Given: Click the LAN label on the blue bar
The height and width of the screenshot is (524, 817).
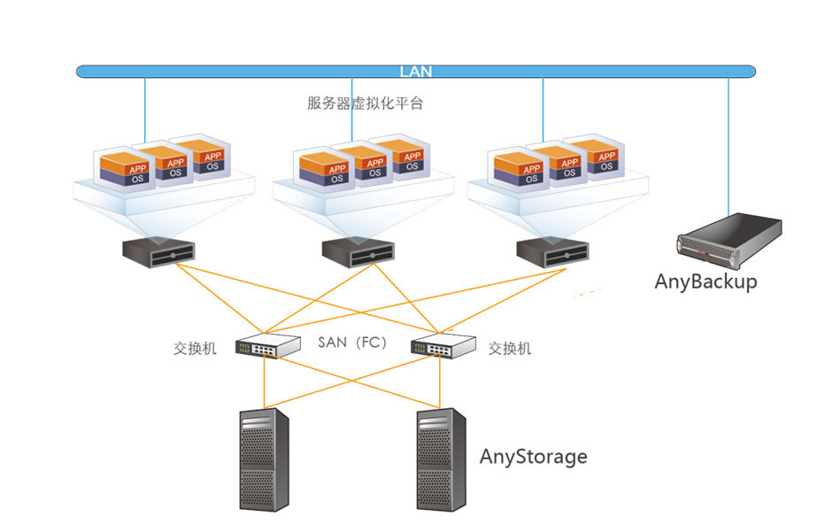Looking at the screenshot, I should click(415, 72).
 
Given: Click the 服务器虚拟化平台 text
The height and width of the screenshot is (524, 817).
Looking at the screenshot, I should click(365, 104).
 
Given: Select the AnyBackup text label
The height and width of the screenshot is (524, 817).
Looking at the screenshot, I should click(705, 281).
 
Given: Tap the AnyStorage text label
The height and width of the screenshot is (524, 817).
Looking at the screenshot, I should click(533, 457).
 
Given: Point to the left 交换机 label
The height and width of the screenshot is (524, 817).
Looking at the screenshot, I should click(195, 349).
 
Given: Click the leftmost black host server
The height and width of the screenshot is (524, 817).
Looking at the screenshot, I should click(158, 251).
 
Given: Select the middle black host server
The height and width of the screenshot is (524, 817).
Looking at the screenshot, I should click(358, 251).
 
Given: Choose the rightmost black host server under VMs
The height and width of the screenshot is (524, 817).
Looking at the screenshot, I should click(553, 251).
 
